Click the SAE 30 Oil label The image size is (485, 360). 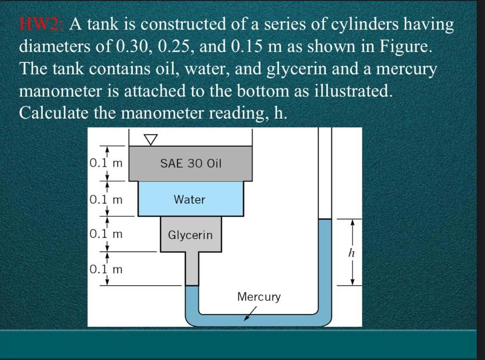tap(190, 164)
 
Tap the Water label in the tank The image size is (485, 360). tap(190, 199)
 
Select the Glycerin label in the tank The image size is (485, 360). tap(190, 235)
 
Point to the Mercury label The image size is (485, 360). tap(259, 297)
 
